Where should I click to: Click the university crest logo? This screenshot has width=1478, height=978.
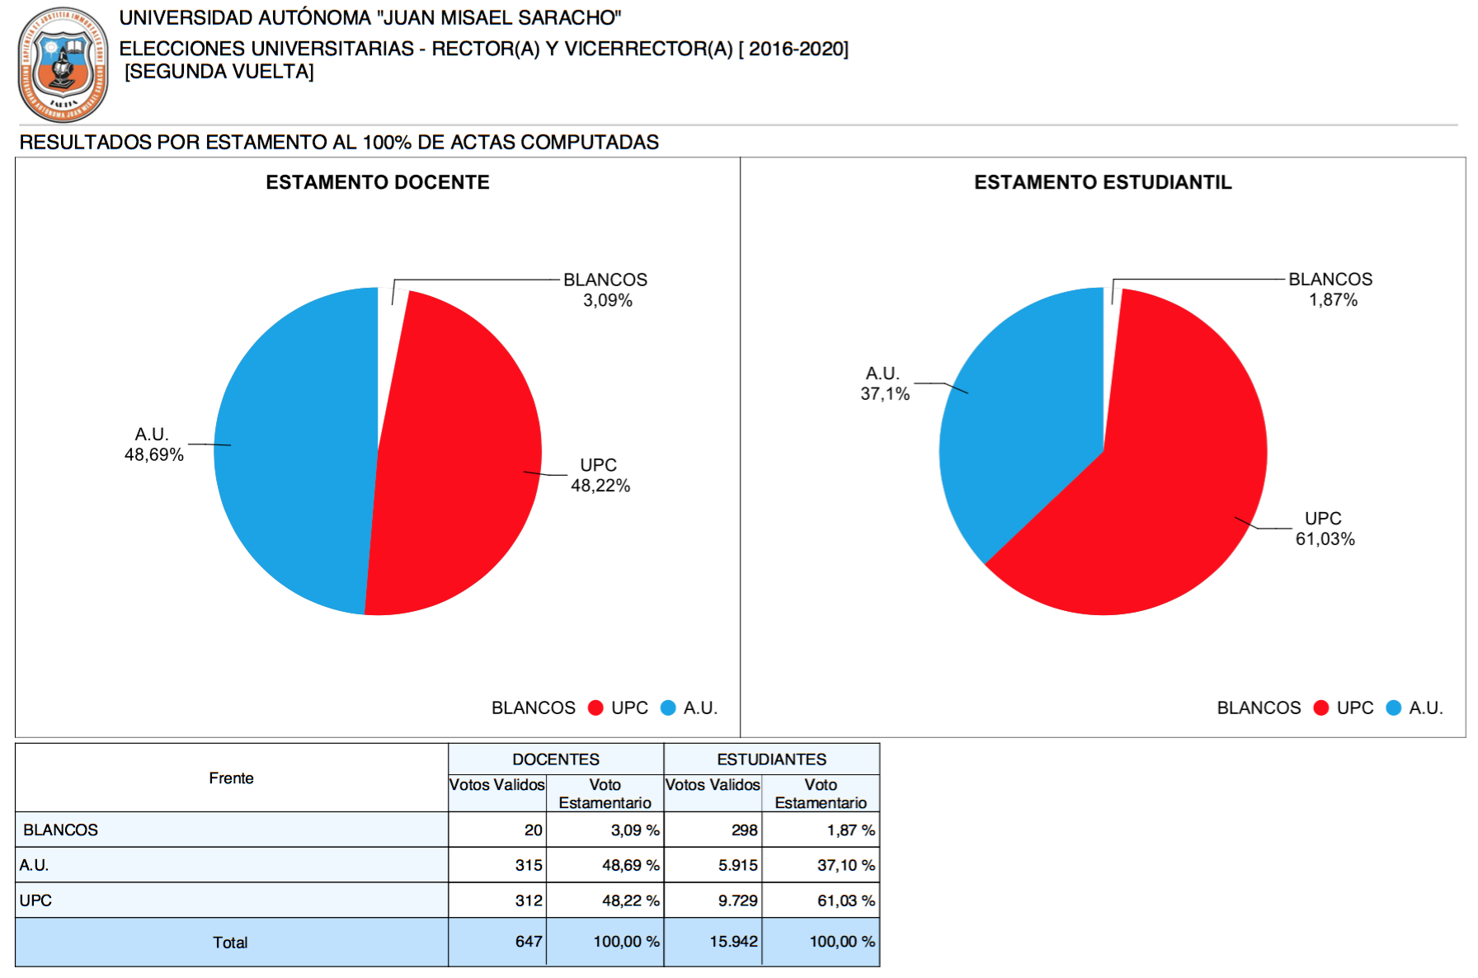[x=64, y=65]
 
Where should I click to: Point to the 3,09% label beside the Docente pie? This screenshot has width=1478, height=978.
[x=608, y=301]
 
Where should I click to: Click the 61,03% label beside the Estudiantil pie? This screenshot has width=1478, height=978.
[x=1325, y=539]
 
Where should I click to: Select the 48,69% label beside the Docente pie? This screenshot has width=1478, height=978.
[x=154, y=455]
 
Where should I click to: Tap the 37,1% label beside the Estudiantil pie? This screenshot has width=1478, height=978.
[x=885, y=394]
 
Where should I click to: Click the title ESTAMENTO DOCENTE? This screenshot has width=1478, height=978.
[x=378, y=182]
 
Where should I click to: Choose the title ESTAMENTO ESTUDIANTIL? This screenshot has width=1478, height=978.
[x=1103, y=182]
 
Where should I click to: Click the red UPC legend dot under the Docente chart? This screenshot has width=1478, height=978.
[x=595, y=708]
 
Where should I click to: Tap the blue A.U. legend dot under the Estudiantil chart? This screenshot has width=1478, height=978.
[x=1394, y=708]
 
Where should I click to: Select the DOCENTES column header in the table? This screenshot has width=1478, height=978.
[x=556, y=759]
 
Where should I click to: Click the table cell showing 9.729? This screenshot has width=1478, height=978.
[x=737, y=900]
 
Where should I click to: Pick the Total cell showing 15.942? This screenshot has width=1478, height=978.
[x=733, y=942]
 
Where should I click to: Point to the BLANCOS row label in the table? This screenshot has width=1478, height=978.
[x=61, y=830]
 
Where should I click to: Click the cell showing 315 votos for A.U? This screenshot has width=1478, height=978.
[x=529, y=865]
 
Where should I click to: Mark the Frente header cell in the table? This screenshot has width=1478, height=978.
[x=231, y=778]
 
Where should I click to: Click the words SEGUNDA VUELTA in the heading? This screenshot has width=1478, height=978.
[x=219, y=72]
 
